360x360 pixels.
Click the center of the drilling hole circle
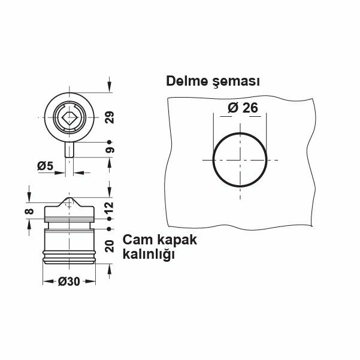tap(239, 160)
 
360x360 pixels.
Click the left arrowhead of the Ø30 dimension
tap(46, 281)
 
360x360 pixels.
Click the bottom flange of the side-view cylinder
tap(69, 259)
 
